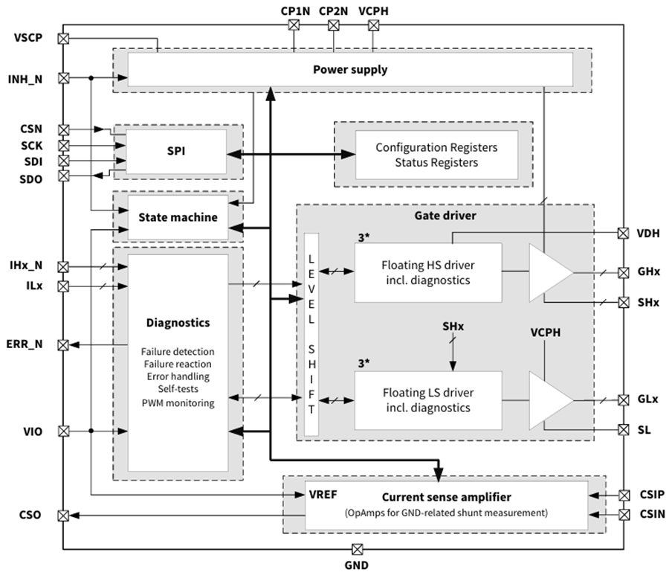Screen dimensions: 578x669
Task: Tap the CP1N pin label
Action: click(x=294, y=11)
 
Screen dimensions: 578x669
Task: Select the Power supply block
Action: click(x=350, y=70)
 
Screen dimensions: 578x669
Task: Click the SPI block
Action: click(x=177, y=151)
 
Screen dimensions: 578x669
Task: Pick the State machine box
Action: click(x=178, y=217)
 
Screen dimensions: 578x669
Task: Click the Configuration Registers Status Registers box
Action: click(x=436, y=155)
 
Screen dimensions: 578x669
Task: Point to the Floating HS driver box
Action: click(x=427, y=272)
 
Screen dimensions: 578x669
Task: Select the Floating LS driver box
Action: click(x=427, y=400)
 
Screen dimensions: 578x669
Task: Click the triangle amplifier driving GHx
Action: click(x=549, y=272)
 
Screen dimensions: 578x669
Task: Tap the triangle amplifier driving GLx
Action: click(x=549, y=400)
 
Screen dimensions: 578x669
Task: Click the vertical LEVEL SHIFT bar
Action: click(x=311, y=334)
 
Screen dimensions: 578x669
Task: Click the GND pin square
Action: click(x=357, y=550)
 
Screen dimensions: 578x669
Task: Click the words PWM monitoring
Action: click(x=178, y=403)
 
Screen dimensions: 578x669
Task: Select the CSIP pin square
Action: click(x=624, y=495)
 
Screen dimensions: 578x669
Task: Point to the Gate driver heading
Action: click(x=445, y=215)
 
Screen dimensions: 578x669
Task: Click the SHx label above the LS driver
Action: click(x=453, y=327)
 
